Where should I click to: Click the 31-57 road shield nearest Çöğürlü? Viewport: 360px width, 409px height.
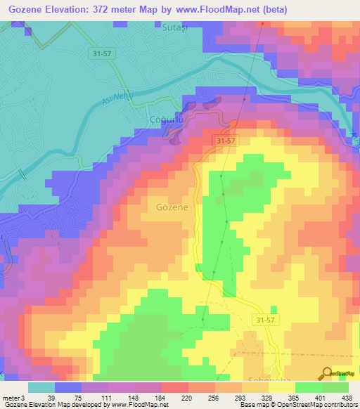click(226, 141)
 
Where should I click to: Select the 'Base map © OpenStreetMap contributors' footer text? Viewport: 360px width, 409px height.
click(297, 405)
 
